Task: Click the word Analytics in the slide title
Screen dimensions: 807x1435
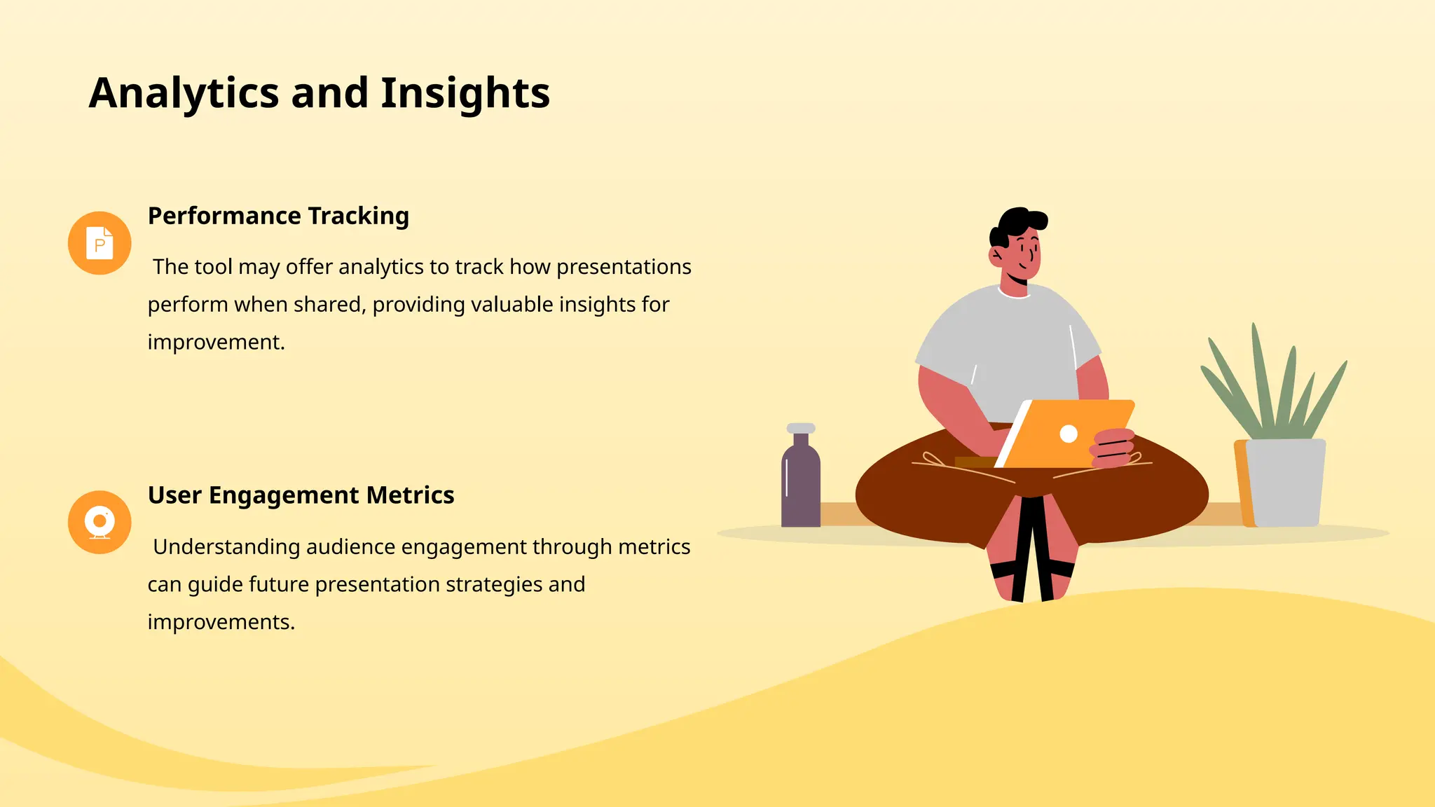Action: [184, 93]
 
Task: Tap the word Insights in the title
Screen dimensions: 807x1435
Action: [465, 93]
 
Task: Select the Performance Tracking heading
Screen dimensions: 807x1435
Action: [278, 216]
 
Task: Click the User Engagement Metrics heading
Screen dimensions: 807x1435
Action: [301, 495]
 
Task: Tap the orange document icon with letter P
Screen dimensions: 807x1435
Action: [99, 243]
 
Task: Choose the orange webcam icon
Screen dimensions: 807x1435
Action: [99, 523]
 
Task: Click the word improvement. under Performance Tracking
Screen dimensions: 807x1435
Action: [216, 342]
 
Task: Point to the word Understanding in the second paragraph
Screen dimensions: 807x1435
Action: [226, 546]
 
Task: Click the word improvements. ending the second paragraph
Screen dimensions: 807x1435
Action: [221, 622]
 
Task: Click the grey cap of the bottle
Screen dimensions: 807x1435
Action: [801, 428]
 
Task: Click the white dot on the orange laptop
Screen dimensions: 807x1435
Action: [1069, 434]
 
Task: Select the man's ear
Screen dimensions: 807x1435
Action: [996, 255]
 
